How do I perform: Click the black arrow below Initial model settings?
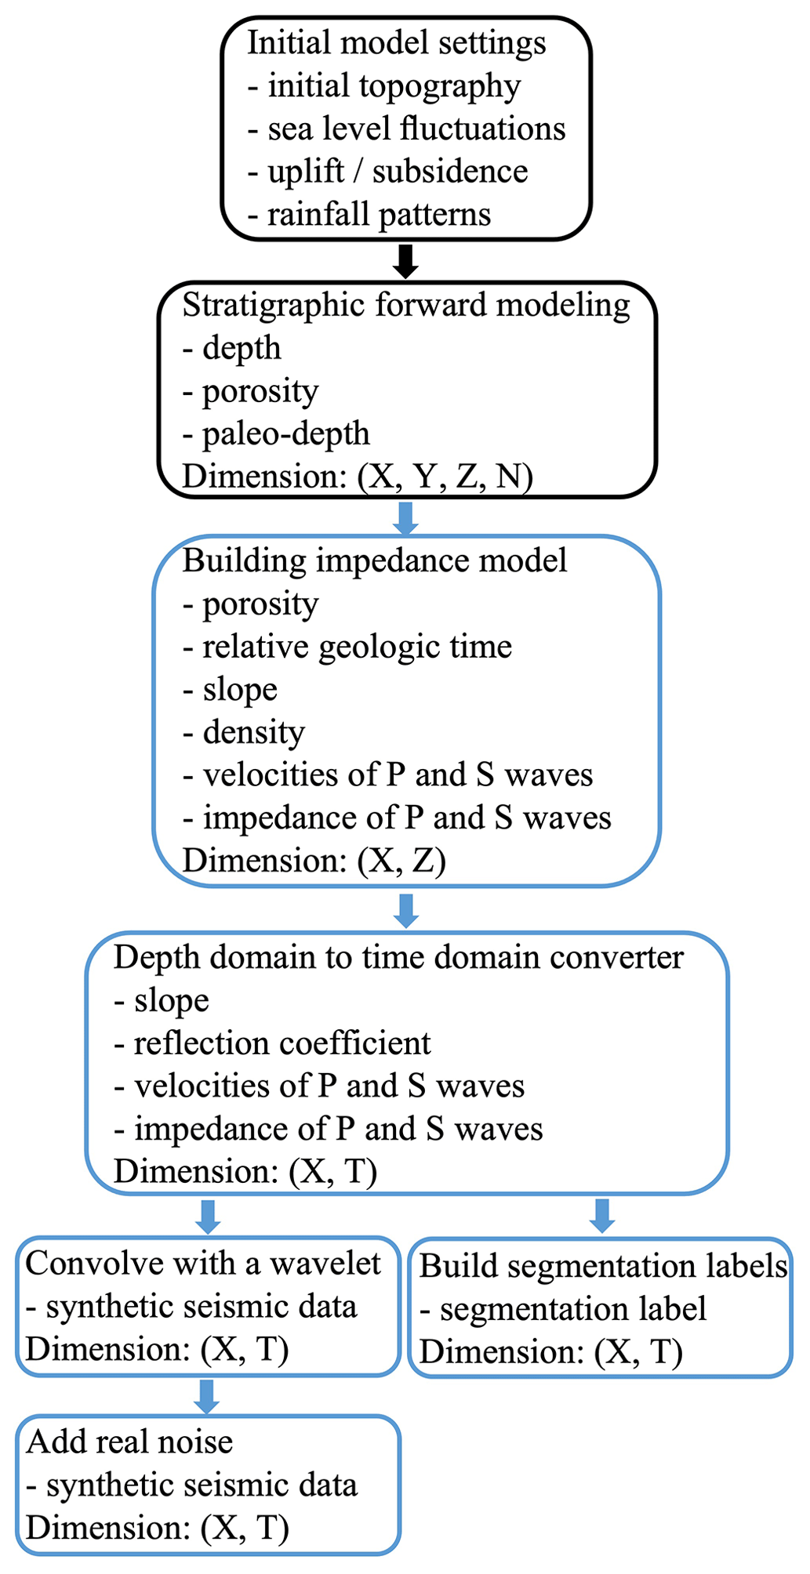(x=405, y=261)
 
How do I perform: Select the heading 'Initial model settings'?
(x=396, y=43)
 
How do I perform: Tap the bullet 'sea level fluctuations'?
(x=406, y=129)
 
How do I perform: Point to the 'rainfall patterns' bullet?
(x=369, y=214)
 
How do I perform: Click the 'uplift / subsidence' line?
(x=387, y=172)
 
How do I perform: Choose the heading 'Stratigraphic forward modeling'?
(x=406, y=305)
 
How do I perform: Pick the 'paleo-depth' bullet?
(x=276, y=433)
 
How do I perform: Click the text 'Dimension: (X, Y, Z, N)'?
(x=358, y=476)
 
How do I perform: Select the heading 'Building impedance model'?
(x=375, y=561)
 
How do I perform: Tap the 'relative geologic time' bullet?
(x=347, y=647)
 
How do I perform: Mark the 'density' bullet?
(x=244, y=732)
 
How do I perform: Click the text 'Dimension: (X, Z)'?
(x=314, y=861)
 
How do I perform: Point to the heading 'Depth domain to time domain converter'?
(x=398, y=958)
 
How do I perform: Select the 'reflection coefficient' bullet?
(x=272, y=1043)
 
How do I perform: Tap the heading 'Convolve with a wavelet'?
(x=203, y=1264)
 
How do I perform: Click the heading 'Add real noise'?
(x=129, y=1442)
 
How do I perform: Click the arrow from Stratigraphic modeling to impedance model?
(x=405, y=517)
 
